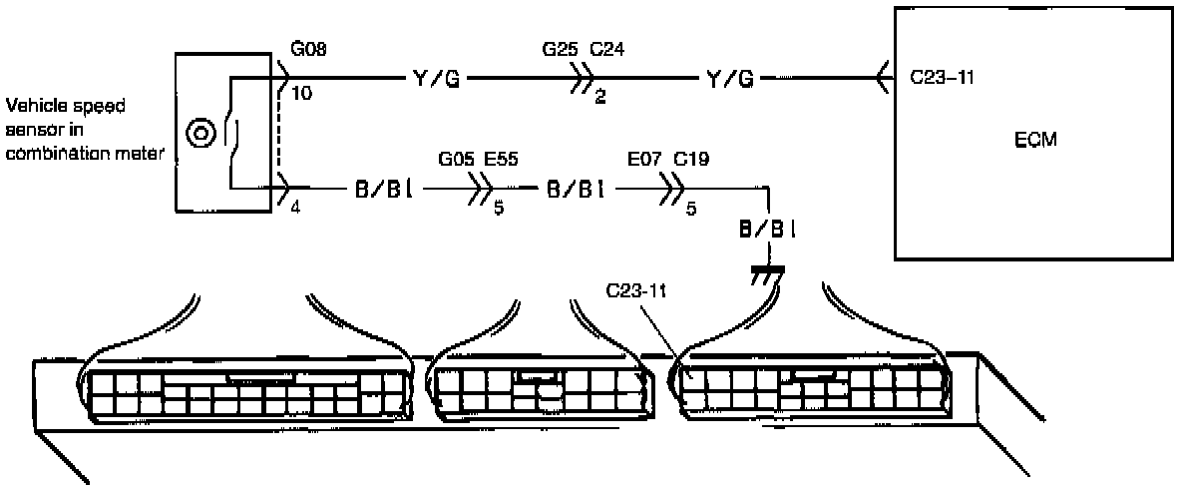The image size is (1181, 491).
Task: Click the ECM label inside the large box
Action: pos(1034,141)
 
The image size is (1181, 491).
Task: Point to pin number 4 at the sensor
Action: pos(295,207)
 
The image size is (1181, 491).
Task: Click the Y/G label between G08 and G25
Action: pos(436,77)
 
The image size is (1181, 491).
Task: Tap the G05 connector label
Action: pos(457,158)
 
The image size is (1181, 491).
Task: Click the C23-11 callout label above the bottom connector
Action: pos(634,293)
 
